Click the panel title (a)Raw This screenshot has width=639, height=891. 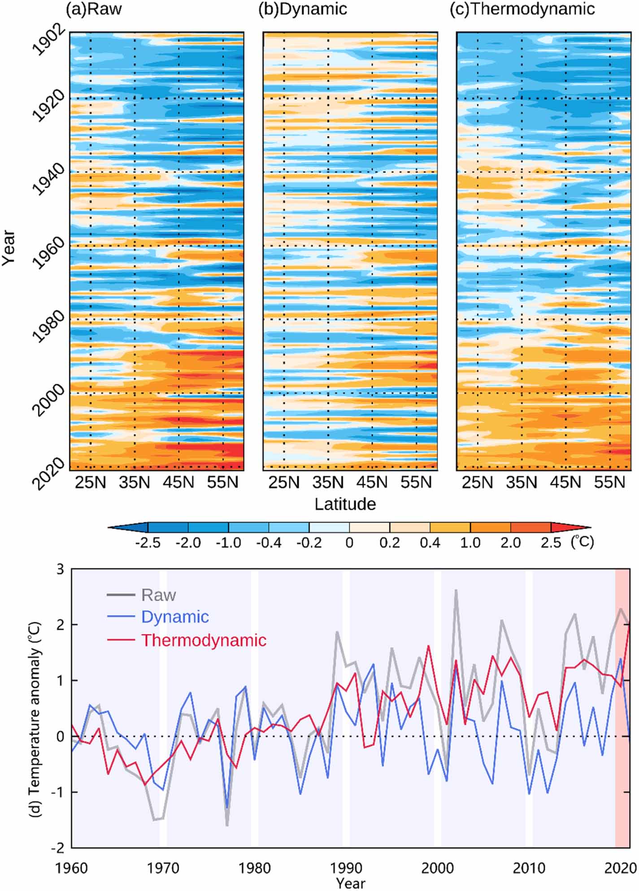94,9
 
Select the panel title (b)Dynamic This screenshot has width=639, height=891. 303,9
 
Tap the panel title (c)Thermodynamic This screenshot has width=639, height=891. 522,9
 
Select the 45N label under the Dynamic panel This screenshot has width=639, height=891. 372,482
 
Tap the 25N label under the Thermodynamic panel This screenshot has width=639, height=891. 477,482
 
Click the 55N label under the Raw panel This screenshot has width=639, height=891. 222,482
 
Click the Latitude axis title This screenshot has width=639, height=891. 345,504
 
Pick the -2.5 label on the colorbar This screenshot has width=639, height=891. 148,543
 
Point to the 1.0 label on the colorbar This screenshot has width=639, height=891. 470,543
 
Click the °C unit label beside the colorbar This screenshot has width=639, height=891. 582,542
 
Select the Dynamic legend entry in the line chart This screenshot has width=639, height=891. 175,617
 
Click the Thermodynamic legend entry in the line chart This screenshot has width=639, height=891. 204,640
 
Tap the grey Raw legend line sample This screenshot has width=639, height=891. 121,595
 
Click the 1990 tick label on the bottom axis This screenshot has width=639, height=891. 346,868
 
